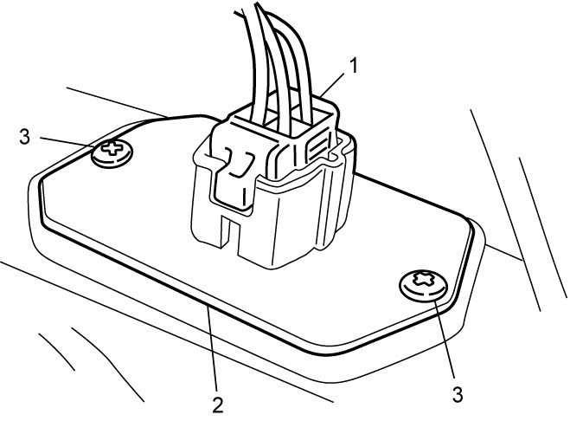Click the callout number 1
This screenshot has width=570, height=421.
coord(353,67)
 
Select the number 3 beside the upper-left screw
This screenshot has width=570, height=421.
coord(25,137)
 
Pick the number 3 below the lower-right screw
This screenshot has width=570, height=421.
coord(458,394)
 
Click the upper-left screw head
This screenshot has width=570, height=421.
coord(112,153)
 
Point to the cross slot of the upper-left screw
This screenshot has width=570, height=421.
coord(112,148)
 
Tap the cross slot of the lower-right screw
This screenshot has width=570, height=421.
coord(423,279)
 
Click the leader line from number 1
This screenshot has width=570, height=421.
coord(332,85)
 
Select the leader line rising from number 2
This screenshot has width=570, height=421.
coord(212,348)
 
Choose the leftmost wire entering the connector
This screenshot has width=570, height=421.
coord(251,62)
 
